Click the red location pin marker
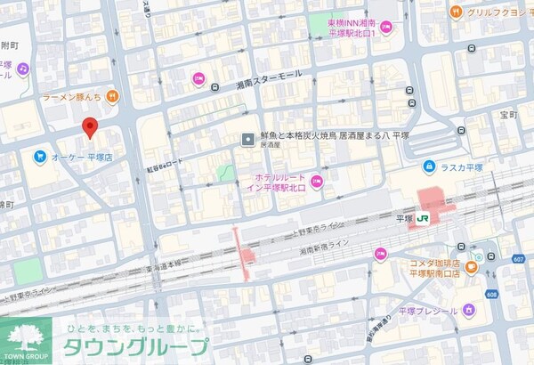point(89,127)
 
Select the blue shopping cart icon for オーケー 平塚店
point(40,157)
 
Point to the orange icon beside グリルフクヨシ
point(456,12)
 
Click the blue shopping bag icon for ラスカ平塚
point(429,166)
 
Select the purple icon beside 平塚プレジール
point(469,311)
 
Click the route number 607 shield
point(518,259)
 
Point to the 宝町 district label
point(508,115)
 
